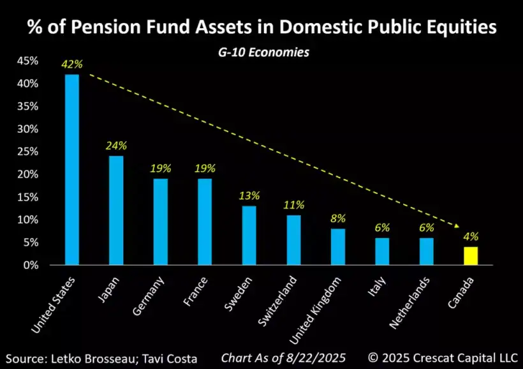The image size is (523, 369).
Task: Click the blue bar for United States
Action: point(72,169)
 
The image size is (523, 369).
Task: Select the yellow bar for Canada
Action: point(471,255)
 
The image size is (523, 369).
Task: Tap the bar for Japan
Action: point(116,210)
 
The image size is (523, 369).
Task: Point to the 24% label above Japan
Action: point(116,146)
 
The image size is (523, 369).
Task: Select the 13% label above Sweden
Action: point(249,196)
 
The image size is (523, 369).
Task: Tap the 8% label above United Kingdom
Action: point(338,218)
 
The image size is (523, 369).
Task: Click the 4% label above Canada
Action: point(471,237)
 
